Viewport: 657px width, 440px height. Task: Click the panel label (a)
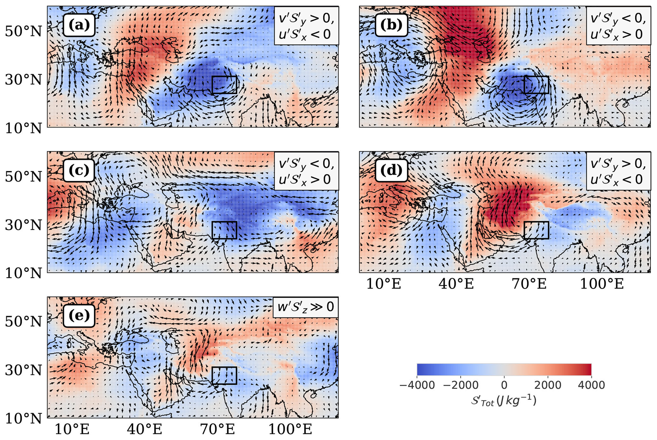pyautogui.click(x=79, y=25)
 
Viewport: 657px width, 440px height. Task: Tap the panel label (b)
pyautogui.click(x=391, y=25)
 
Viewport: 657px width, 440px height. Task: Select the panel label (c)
pyautogui.click(x=79, y=170)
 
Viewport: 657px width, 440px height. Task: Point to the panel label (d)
pyautogui.click(x=391, y=170)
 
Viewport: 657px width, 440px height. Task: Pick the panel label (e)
pyautogui.click(x=79, y=316)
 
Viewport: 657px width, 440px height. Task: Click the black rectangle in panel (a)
pyautogui.click(x=224, y=85)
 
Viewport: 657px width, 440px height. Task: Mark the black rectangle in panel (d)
pyautogui.click(x=537, y=230)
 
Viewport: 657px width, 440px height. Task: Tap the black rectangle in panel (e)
pyautogui.click(x=224, y=376)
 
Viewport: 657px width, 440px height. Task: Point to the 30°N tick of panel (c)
pyautogui.click(x=23, y=225)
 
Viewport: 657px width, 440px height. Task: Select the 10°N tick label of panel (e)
pyautogui.click(x=23, y=419)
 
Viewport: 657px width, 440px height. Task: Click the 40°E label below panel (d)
pyautogui.click(x=456, y=284)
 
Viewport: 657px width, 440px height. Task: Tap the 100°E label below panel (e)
pyautogui.click(x=290, y=429)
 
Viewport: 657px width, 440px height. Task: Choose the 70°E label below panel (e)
pyautogui.click(x=217, y=429)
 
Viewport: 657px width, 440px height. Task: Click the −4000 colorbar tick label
pyautogui.click(x=417, y=385)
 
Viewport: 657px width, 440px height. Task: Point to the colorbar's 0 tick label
pyautogui.click(x=504, y=385)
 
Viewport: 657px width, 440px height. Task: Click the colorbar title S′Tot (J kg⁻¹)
pyautogui.click(x=504, y=401)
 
